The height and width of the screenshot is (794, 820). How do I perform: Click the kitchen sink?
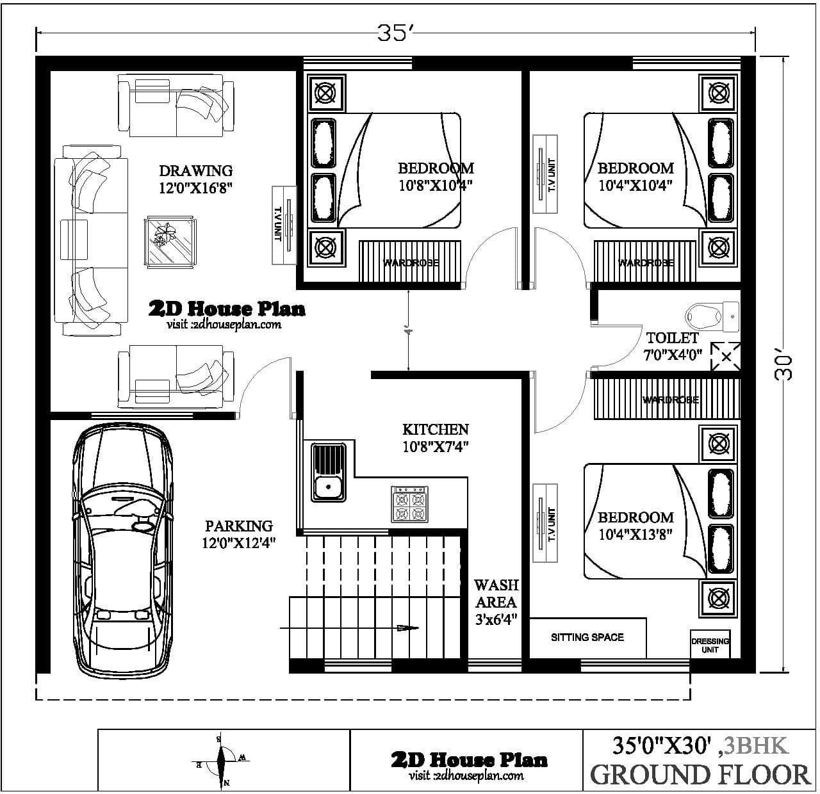pos(328,472)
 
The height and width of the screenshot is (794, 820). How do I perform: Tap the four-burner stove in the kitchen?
pos(410,505)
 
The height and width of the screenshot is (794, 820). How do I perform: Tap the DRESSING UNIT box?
pos(710,645)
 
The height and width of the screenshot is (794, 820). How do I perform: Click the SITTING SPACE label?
pos(587,637)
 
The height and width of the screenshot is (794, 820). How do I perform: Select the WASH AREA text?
pos(496,594)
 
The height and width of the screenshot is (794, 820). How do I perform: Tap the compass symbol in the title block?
pos(222,760)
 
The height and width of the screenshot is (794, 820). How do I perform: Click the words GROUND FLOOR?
pos(700,774)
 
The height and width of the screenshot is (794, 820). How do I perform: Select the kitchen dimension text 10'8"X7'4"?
pos(436,447)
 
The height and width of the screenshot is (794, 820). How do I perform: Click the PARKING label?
pos(238,526)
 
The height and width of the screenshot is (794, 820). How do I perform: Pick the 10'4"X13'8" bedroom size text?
pos(635,534)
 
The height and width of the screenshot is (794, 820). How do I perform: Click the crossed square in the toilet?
pos(726,357)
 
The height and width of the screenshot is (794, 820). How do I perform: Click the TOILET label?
pos(672,337)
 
